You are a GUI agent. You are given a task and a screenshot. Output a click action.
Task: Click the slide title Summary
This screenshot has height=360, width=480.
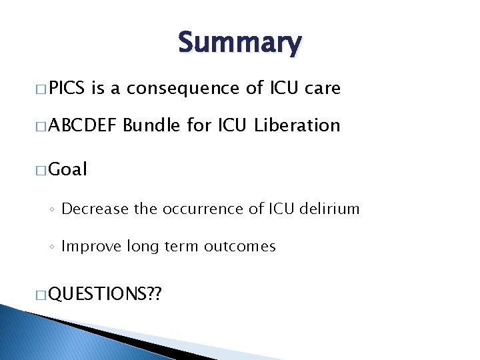pyautogui.click(x=239, y=43)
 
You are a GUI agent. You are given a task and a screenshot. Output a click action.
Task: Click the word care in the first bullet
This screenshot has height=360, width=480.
pyautogui.click(x=323, y=88)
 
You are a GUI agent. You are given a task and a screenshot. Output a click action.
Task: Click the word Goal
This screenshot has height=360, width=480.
pyautogui.click(x=68, y=169)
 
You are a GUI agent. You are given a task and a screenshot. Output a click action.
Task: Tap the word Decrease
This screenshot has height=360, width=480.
pyautogui.click(x=95, y=209)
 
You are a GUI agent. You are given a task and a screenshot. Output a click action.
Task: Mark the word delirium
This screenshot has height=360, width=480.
pyautogui.click(x=329, y=209)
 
